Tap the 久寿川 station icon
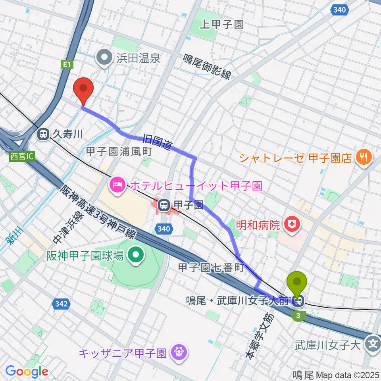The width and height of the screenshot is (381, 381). (x=42, y=135)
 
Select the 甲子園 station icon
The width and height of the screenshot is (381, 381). (x=163, y=205)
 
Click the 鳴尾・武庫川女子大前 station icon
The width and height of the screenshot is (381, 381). (x=298, y=302)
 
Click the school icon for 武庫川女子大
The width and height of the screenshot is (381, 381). (x=373, y=342)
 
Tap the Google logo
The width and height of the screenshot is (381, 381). (x=27, y=371)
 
